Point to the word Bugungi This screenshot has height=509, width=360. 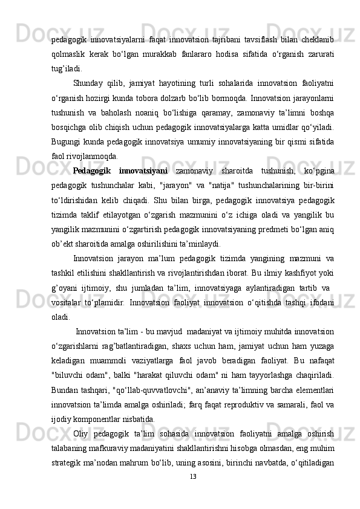[x=67, y=140]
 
